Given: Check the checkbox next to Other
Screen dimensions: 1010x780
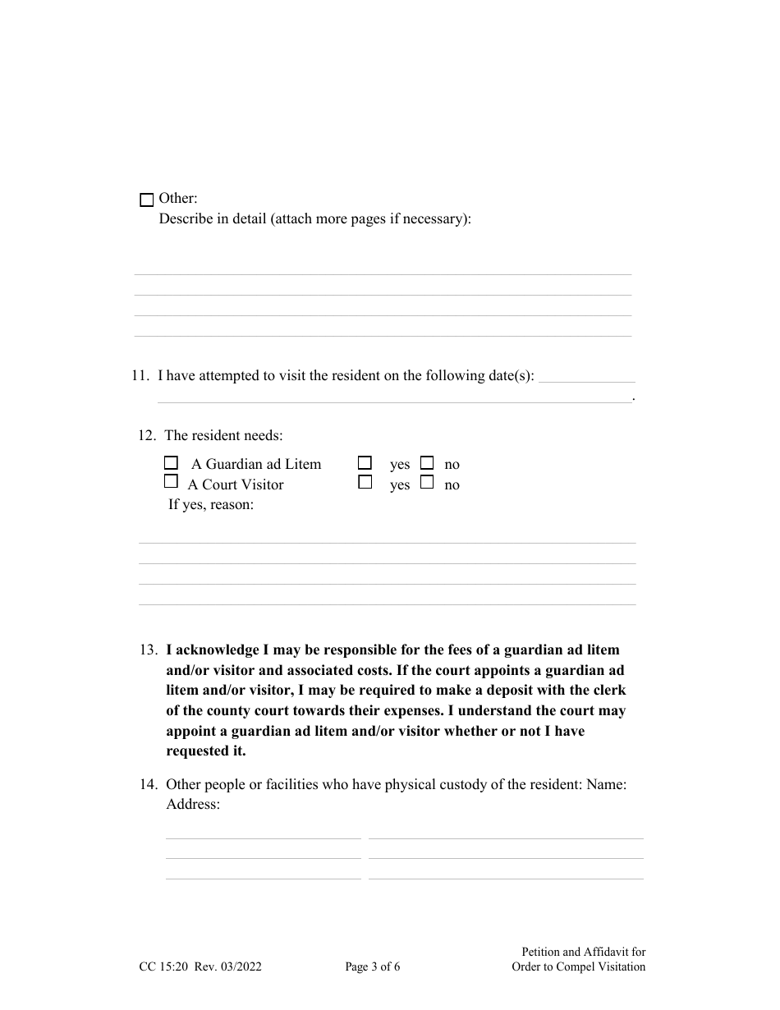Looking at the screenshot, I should click(x=147, y=200).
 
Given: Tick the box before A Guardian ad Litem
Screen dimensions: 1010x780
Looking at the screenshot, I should click(x=171, y=463).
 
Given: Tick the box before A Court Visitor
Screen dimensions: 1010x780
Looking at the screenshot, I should click(x=171, y=482).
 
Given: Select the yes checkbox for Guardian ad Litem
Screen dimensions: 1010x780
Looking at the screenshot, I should click(x=365, y=463).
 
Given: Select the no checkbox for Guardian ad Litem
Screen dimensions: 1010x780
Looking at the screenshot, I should click(x=427, y=463).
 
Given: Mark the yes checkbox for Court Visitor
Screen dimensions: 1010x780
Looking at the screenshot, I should click(x=365, y=483).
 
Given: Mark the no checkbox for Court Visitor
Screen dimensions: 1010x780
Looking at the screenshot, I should click(x=427, y=483).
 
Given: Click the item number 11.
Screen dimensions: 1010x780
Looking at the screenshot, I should click(x=140, y=376).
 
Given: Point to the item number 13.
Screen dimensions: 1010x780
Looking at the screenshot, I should click(x=148, y=650).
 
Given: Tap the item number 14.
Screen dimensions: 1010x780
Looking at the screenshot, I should click(x=148, y=785).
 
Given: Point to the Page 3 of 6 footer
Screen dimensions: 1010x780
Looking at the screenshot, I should click(x=373, y=967).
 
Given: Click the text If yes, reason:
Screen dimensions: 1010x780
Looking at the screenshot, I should click(x=211, y=505).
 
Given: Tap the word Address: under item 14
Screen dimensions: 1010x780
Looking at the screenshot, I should click(x=193, y=805).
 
